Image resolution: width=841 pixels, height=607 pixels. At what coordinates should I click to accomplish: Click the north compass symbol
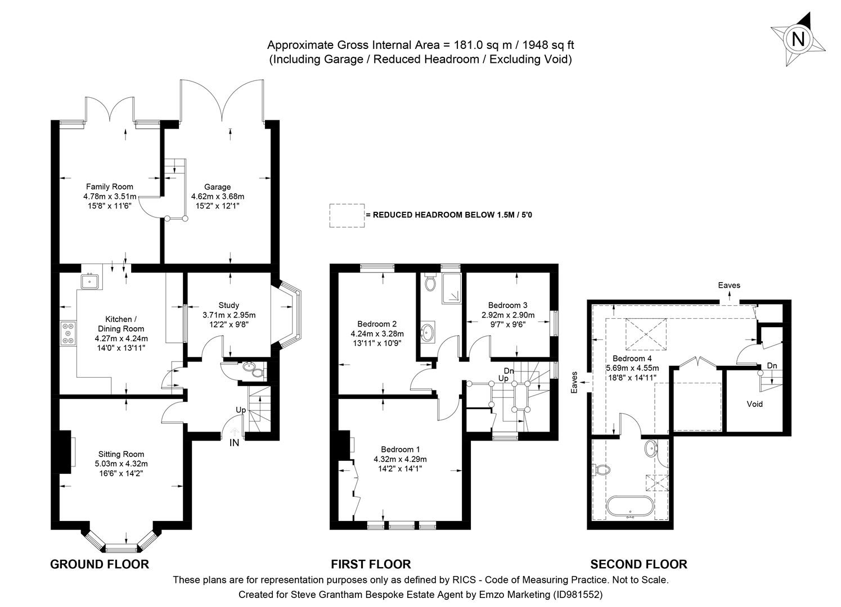click(x=798, y=39)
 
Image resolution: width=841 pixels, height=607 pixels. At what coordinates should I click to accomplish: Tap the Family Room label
click(x=110, y=187)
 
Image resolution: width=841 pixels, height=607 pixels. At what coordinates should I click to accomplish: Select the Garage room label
click(x=217, y=187)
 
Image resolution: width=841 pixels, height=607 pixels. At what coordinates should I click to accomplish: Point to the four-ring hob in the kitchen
click(x=69, y=333)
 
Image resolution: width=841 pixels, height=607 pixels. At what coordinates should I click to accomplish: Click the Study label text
click(x=228, y=305)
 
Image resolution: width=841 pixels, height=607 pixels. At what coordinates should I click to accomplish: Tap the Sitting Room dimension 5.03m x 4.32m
click(x=121, y=464)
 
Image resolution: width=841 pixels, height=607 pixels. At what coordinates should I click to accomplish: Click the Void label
click(x=754, y=404)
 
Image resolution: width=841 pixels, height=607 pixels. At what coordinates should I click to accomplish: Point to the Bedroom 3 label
click(x=507, y=305)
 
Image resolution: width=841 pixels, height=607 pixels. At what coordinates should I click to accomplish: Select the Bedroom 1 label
click(x=400, y=449)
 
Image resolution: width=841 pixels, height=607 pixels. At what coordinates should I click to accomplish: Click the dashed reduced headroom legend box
click(x=347, y=215)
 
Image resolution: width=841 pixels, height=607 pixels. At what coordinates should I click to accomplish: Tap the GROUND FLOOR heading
click(x=100, y=564)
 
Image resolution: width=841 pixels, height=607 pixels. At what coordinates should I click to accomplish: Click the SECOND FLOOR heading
click(x=638, y=564)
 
